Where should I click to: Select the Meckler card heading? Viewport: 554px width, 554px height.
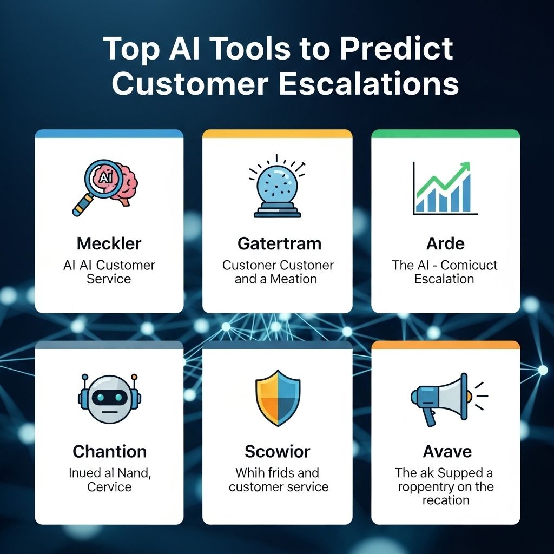(109, 243)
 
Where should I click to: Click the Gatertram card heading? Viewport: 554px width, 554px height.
(279, 243)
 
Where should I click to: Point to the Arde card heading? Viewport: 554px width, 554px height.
(445, 243)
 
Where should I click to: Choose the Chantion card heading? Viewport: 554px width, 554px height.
(109, 451)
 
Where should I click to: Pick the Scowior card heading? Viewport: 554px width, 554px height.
(278, 451)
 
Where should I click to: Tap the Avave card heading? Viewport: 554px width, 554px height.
(447, 451)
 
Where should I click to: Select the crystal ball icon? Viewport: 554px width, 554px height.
(277, 186)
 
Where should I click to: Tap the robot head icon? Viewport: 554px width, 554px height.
(109, 399)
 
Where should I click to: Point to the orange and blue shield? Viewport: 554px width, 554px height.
(278, 398)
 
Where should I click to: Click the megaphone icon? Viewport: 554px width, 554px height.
(449, 399)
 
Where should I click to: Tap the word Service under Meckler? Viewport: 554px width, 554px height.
(109, 279)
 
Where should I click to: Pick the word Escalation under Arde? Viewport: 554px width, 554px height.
(444, 279)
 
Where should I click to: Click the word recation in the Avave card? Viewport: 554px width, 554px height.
(446, 500)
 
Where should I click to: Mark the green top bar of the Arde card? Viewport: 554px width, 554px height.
(446, 134)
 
